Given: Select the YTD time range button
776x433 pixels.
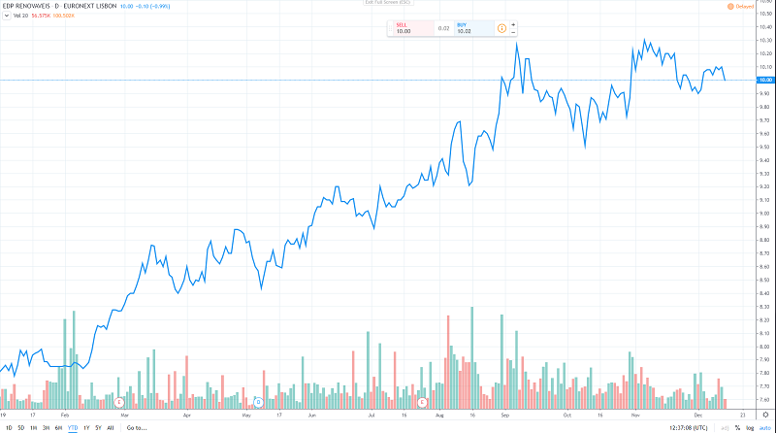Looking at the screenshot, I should point(72,427).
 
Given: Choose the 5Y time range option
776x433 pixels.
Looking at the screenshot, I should point(98,427).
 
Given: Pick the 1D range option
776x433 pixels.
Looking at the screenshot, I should point(8,427).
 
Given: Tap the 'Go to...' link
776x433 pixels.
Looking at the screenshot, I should point(136,427).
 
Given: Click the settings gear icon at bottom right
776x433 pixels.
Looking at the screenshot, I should point(765,415).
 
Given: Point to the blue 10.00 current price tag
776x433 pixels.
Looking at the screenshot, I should point(765,80).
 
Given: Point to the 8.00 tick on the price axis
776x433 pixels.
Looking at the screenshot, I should point(764,347).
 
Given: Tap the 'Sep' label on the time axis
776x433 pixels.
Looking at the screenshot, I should point(505,415).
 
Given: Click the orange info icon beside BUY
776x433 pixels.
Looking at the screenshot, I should point(501,27).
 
